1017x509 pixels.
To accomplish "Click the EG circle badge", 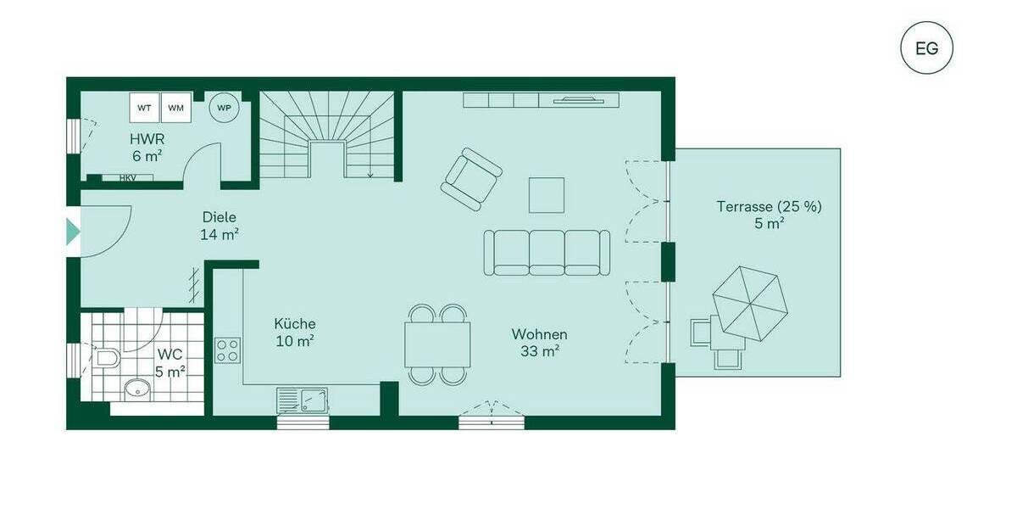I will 926,48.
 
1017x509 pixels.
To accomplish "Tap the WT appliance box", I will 145,108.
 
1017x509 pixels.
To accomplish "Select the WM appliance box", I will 175,108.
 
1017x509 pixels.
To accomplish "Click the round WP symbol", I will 224,108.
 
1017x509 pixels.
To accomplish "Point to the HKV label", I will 127,178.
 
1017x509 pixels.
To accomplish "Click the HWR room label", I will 147,147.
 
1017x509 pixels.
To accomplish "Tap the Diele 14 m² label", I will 219,225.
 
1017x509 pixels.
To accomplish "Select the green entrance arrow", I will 73,232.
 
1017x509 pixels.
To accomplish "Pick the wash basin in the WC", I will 137,390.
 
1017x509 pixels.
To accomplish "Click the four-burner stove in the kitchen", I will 227,350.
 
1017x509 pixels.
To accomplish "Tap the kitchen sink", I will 303,400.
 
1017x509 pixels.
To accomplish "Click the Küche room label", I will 295,332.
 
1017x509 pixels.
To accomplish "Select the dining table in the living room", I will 438,344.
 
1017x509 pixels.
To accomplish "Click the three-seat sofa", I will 547,252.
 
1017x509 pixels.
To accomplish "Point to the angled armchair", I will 470,179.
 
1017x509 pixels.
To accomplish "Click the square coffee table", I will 547,195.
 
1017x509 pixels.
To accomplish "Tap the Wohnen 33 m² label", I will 539,342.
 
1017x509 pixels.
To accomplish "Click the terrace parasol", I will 750,304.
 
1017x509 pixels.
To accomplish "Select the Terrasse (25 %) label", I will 769,214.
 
